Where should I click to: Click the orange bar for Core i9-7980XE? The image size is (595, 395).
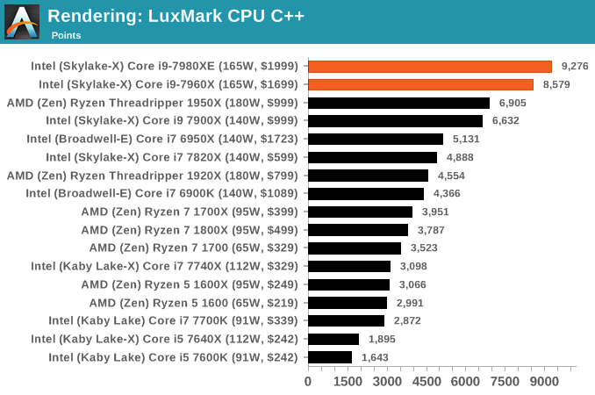click(x=430, y=66)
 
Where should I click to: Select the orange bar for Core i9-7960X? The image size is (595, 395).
click(x=420, y=84)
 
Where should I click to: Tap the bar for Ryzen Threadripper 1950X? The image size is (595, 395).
click(x=398, y=103)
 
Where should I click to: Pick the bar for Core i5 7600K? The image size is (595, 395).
click(x=330, y=357)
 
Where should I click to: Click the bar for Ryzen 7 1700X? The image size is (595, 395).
click(x=360, y=212)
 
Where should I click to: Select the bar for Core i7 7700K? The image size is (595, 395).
click(x=346, y=320)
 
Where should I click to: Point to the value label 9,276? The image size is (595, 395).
click(x=575, y=66)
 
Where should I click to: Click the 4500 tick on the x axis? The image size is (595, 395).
click(x=427, y=382)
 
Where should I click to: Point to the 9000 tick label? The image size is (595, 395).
click(x=545, y=382)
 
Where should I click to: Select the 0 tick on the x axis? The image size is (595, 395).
click(x=308, y=382)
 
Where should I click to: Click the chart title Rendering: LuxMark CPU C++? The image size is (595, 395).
click(x=176, y=16)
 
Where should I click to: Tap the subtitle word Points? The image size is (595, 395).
click(x=66, y=35)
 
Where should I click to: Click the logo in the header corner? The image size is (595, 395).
click(x=22, y=21)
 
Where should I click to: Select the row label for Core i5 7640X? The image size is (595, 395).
click(x=164, y=339)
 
